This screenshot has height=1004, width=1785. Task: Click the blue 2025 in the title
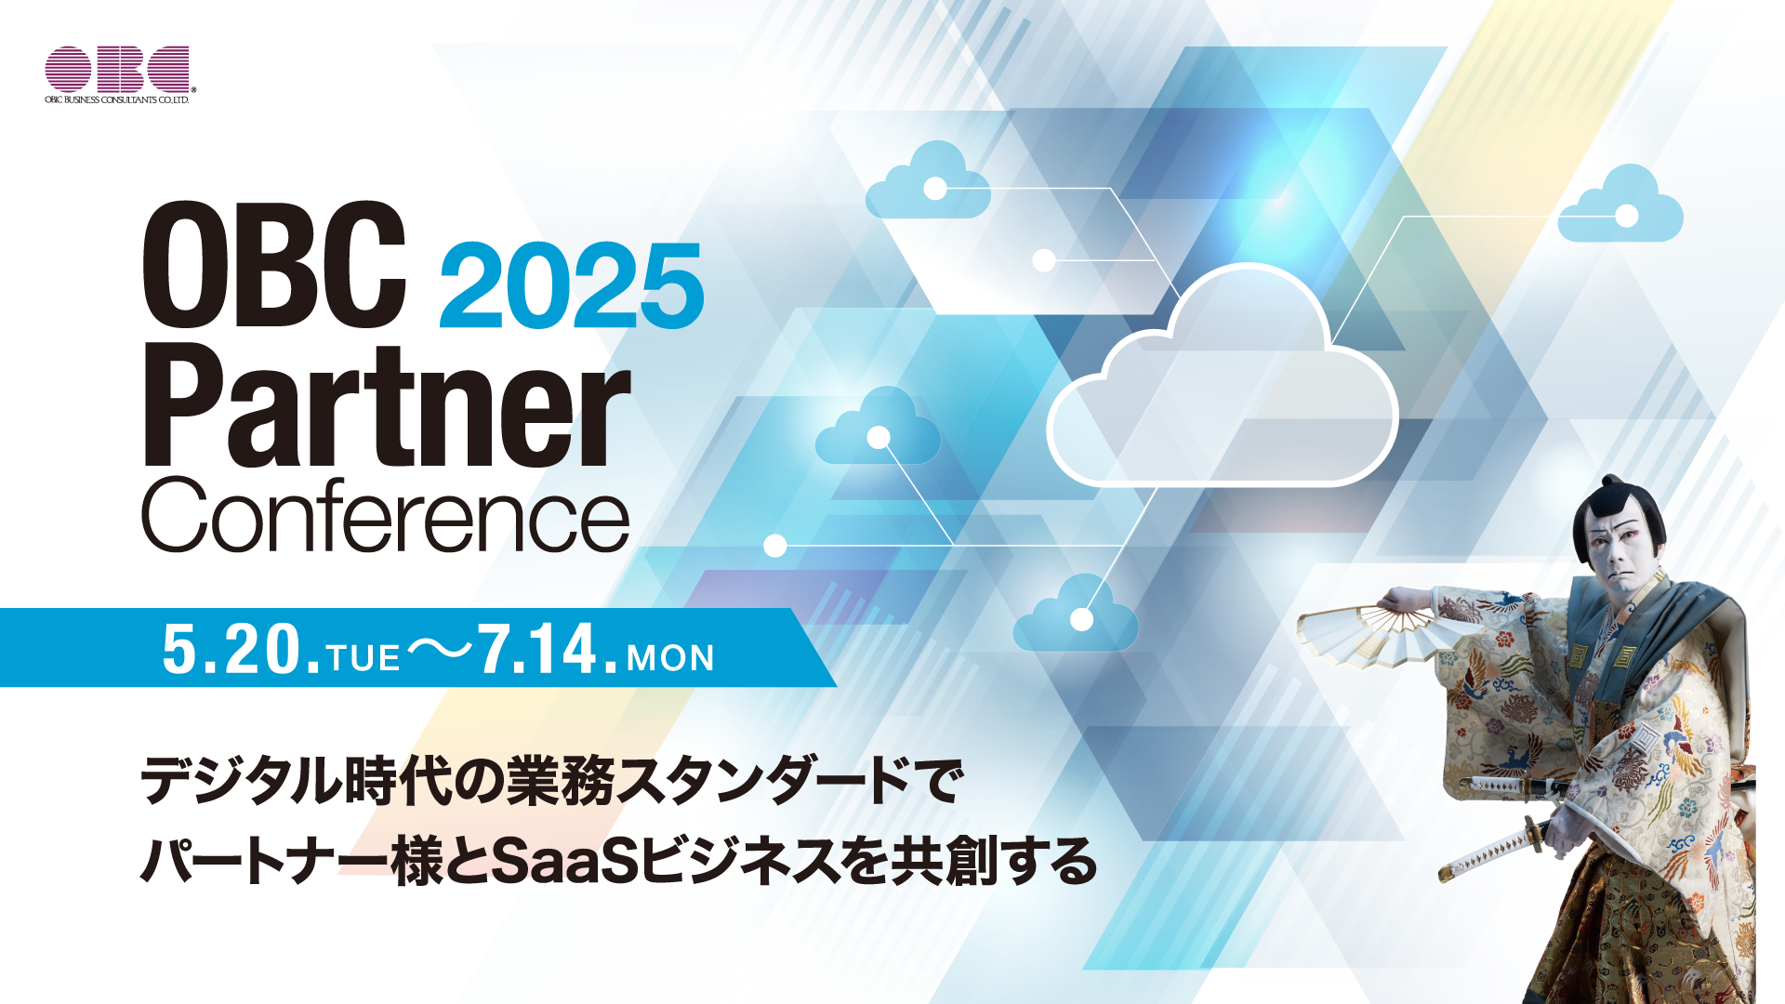point(571,285)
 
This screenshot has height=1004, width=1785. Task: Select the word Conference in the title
point(386,515)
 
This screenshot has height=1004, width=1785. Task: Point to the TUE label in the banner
point(364,658)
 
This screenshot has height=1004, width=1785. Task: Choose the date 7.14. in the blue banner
point(548,649)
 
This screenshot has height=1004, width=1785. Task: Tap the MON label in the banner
point(670,658)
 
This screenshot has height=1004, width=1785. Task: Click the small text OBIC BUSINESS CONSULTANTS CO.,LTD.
point(117,99)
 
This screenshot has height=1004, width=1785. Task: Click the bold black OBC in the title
point(275,264)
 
